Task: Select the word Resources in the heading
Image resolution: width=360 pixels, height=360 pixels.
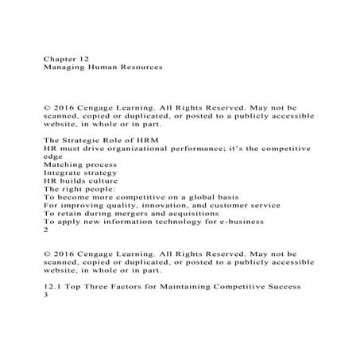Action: [x=138, y=68]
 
